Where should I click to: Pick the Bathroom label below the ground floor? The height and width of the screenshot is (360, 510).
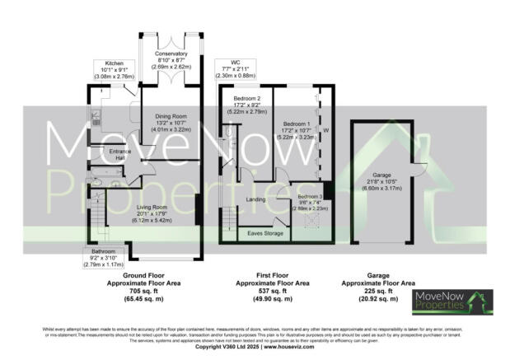(104, 251)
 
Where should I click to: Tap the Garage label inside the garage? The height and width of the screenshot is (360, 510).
(381, 175)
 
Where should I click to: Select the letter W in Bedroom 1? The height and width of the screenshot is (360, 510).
(326, 131)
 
